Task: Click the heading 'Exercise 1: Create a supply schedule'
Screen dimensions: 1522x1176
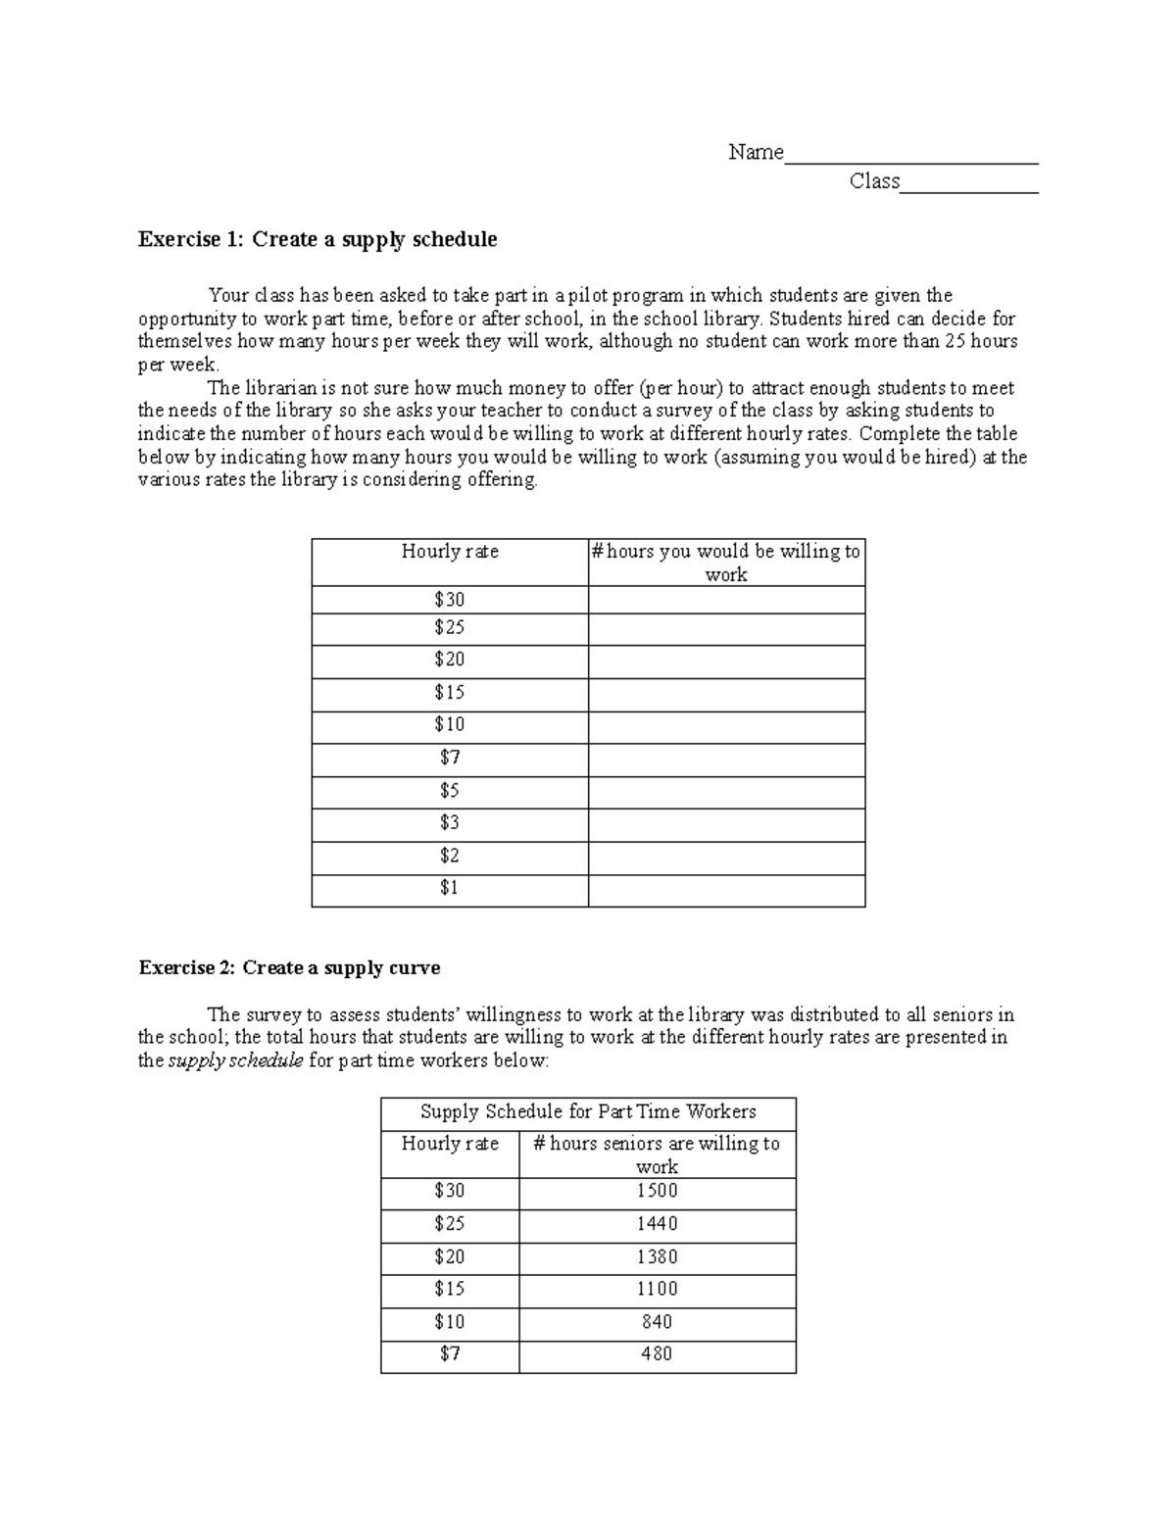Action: pos(318,239)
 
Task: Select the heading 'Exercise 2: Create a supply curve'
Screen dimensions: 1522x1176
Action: pos(289,967)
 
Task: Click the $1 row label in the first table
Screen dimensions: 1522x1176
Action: pos(449,888)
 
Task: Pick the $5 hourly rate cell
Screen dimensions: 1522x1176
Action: pos(449,790)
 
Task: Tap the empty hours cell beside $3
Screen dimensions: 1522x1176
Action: pos(726,823)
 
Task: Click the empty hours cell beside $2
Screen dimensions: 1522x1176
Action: pos(726,857)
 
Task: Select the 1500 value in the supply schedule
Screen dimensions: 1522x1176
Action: pos(657,1191)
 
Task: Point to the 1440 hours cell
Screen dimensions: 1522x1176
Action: pos(657,1223)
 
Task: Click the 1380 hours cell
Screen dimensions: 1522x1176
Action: pos(657,1256)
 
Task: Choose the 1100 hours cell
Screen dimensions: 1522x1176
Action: pos(657,1289)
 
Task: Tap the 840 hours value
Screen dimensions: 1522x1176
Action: pos(657,1322)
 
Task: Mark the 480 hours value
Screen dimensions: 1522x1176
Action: pos(657,1354)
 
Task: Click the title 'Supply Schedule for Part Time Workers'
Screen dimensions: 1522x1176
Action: pos(588,1111)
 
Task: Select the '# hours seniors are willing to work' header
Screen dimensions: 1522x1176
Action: pos(657,1154)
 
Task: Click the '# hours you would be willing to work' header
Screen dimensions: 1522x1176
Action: pos(726,563)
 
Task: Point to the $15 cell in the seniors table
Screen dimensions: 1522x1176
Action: pos(450,1289)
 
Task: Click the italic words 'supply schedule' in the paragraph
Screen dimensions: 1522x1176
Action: pos(235,1060)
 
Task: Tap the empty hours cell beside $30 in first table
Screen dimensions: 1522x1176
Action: pos(726,600)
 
